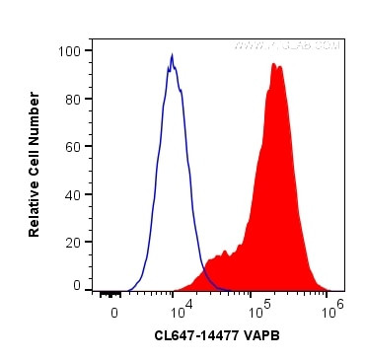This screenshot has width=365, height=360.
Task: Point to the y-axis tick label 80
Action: tap(73, 99)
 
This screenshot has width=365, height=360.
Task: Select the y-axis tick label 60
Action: tap(73, 146)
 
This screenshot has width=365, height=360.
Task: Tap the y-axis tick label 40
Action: tap(73, 194)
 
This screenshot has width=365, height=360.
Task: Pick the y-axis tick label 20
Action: tap(73, 242)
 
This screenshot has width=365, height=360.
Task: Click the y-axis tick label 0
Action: tap(77, 286)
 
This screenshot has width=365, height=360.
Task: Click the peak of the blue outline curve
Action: tap(173, 56)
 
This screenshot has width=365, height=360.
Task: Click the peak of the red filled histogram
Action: tap(274, 63)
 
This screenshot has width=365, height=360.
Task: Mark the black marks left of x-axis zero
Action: tap(109, 293)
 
